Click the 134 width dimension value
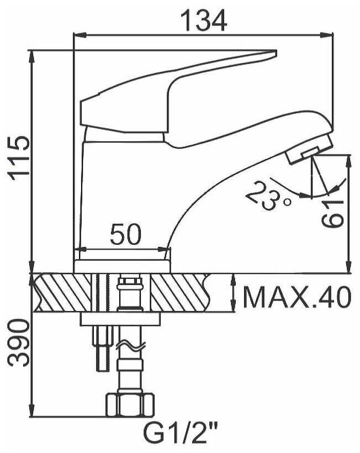pyautogui.click(x=204, y=20)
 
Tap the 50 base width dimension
pyautogui.click(x=126, y=234)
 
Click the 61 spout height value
pyautogui.click(x=333, y=213)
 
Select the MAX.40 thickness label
pyautogui.click(x=298, y=297)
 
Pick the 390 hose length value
pyautogui.click(x=19, y=343)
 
